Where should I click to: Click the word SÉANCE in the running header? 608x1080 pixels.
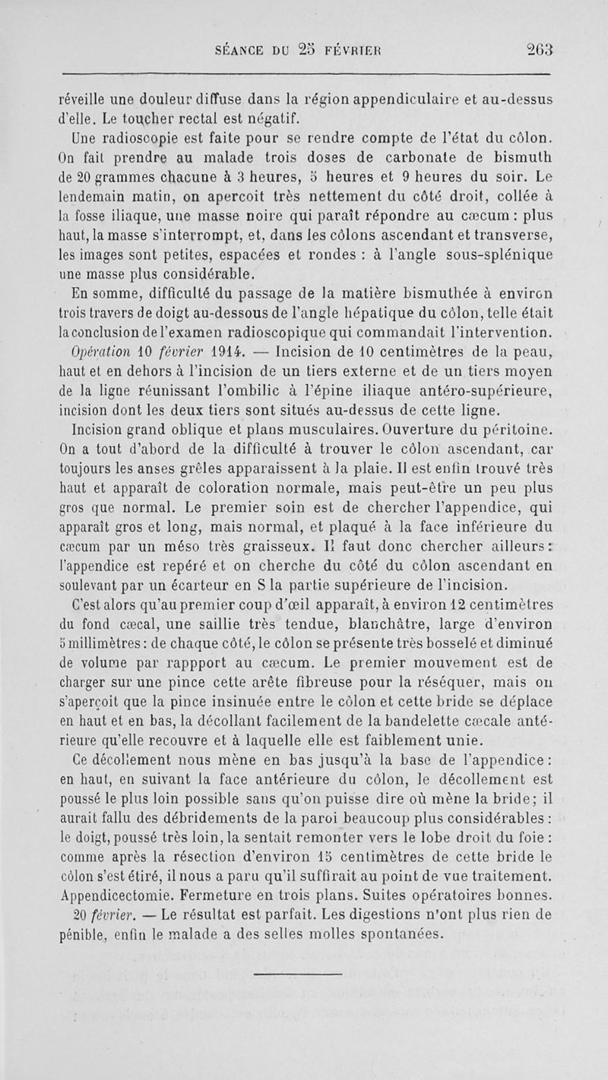pyautogui.click(x=244, y=43)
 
